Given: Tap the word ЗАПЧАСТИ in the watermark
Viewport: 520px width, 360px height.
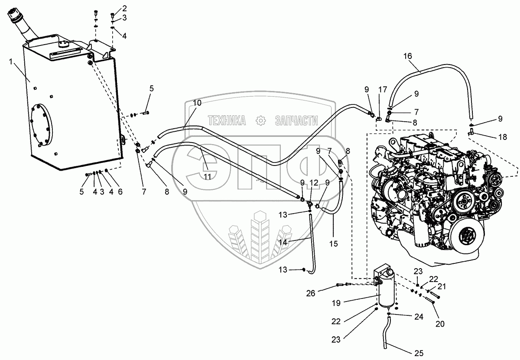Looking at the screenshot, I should point(296,120).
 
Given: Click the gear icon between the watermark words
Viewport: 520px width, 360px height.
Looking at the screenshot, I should point(261,120).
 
